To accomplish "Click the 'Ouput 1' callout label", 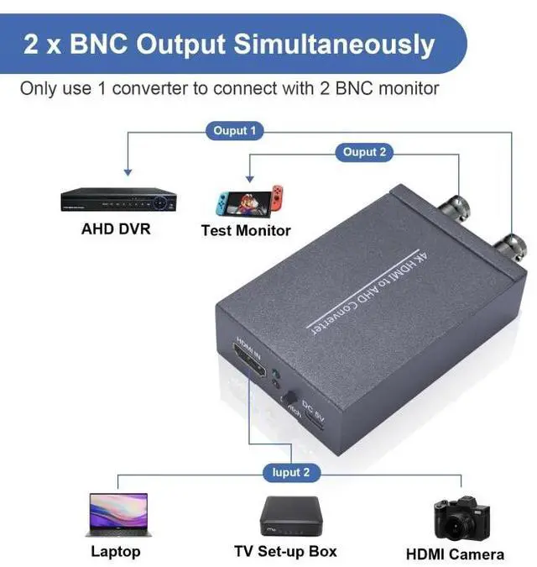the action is click(235, 131).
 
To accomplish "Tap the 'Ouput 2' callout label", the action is click(364, 152).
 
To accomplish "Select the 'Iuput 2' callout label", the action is click(290, 473).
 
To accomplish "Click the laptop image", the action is click(117, 514).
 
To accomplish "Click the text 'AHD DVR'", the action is click(116, 228).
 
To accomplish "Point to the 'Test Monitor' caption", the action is click(246, 230).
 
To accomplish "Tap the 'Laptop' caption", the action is click(116, 552).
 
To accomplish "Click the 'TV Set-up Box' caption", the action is click(285, 551).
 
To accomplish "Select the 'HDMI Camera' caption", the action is click(455, 554).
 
